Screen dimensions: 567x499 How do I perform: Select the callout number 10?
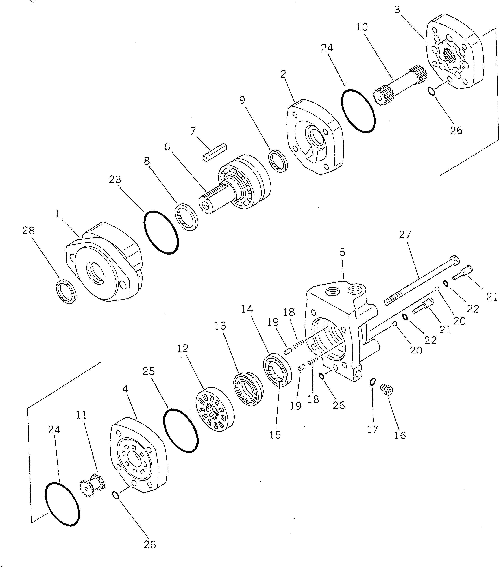(x=362, y=27)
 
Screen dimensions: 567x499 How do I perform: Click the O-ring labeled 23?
(x=161, y=233)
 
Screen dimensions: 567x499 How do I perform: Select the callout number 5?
(x=343, y=252)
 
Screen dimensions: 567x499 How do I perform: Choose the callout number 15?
(x=275, y=435)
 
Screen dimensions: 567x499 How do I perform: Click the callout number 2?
(x=283, y=74)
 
